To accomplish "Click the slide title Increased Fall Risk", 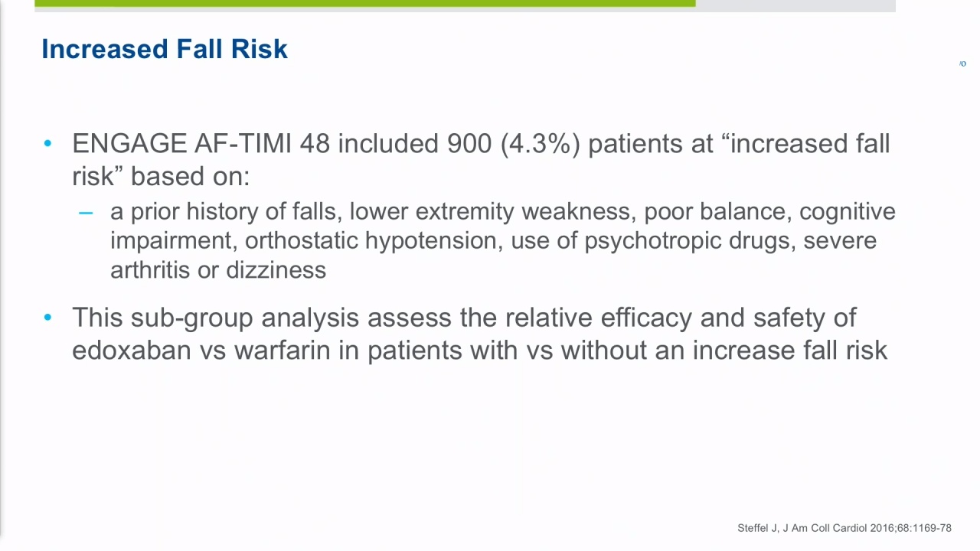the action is tap(165, 48).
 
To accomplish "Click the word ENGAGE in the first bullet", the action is tap(129, 143).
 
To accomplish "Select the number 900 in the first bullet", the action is tap(469, 143).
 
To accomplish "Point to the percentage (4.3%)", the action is tap(540, 144).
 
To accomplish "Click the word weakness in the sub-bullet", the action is tap(578, 212).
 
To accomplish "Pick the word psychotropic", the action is tap(653, 241).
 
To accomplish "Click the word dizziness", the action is tap(276, 270).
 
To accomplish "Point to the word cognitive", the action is tap(848, 213).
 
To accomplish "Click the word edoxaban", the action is tap(132, 350).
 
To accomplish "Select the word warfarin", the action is tap(283, 350).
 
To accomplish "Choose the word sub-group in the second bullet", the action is tap(191, 318).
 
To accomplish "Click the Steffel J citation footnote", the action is tap(844, 528).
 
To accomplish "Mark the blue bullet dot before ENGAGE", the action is tap(47, 143).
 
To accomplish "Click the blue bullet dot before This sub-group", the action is tap(47, 317).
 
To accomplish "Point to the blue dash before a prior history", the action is tap(86, 213).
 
